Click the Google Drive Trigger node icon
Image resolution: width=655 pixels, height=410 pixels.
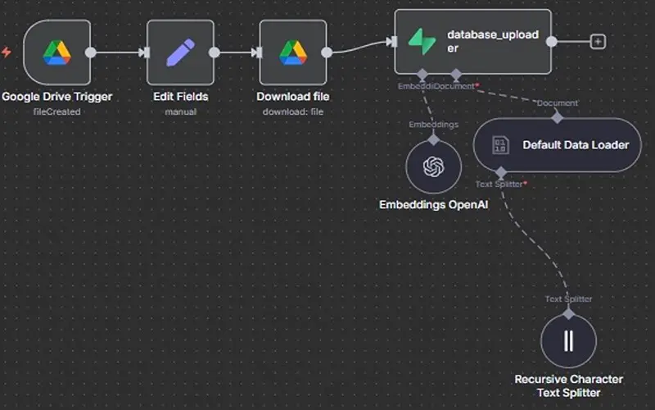pyautogui.click(x=57, y=52)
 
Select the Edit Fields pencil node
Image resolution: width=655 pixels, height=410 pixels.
pyautogui.click(x=180, y=52)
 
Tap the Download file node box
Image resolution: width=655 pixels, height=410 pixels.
pyautogui.click(x=293, y=52)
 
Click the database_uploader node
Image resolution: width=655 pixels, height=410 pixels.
pyautogui.click(x=472, y=42)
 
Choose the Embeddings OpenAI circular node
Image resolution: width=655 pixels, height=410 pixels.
pyautogui.click(x=433, y=166)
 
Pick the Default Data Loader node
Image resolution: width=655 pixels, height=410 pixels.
pyautogui.click(x=557, y=145)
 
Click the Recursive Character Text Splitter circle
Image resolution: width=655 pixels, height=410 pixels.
pyautogui.click(x=568, y=340)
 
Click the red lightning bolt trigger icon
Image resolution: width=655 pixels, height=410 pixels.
pyautogui.click(x=7, y=52)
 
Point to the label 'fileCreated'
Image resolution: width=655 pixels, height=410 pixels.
pyautogui.click(x=56, y=112)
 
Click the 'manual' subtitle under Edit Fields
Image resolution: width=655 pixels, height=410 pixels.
pyautogui.click(x=180, y=112)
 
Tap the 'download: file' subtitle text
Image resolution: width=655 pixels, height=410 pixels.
pyautogui.click(x=293, y=112)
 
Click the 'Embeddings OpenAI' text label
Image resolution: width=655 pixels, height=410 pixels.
pyautogui.click(x=433, y=204)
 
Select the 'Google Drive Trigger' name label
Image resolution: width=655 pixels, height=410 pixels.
pyautogui.click(x=56, y=97)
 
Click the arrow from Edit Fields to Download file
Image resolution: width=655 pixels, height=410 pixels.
pyautogui.click(x=238, y=52)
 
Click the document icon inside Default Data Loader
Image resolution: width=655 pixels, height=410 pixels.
pyautogui.click(x=499, y=145)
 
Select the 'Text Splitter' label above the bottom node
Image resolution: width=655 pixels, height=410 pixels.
pyautogui.click(x=568, y=298)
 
